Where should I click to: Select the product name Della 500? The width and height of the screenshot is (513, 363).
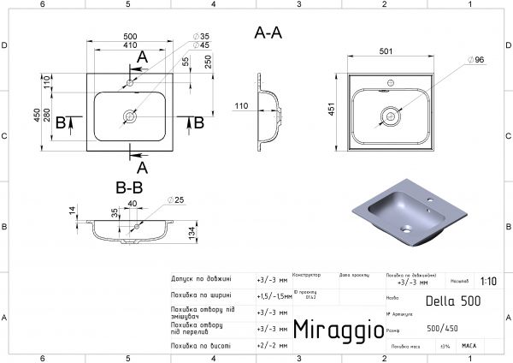click(x=453, y=301)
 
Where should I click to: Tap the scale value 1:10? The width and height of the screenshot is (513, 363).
click(x=488, y=280)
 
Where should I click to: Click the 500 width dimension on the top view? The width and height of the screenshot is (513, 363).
click(x=130, y=39)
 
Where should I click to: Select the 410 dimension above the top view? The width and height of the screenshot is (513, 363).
click(x=130, y=47)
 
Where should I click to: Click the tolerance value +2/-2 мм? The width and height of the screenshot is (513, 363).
click(x=271, y=344)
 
